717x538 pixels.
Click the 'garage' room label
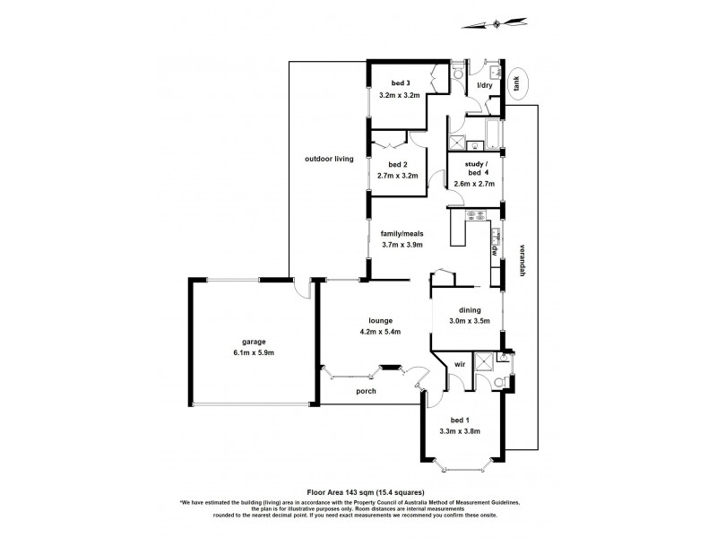click(x=253, y=341)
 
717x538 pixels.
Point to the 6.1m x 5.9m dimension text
click(x=253, y=351)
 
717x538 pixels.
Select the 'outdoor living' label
click(x=330, y=159)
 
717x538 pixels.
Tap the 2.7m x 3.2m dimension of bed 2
click(x=399, y=176)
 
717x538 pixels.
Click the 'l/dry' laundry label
click(x=485, y=85)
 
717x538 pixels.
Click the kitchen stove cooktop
click(x=474, y=214)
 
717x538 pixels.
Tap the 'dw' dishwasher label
click(x=494, y=251)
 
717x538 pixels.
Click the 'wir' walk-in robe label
click(x=459, y=364)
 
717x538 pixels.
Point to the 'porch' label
click(x=366, y=392)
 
